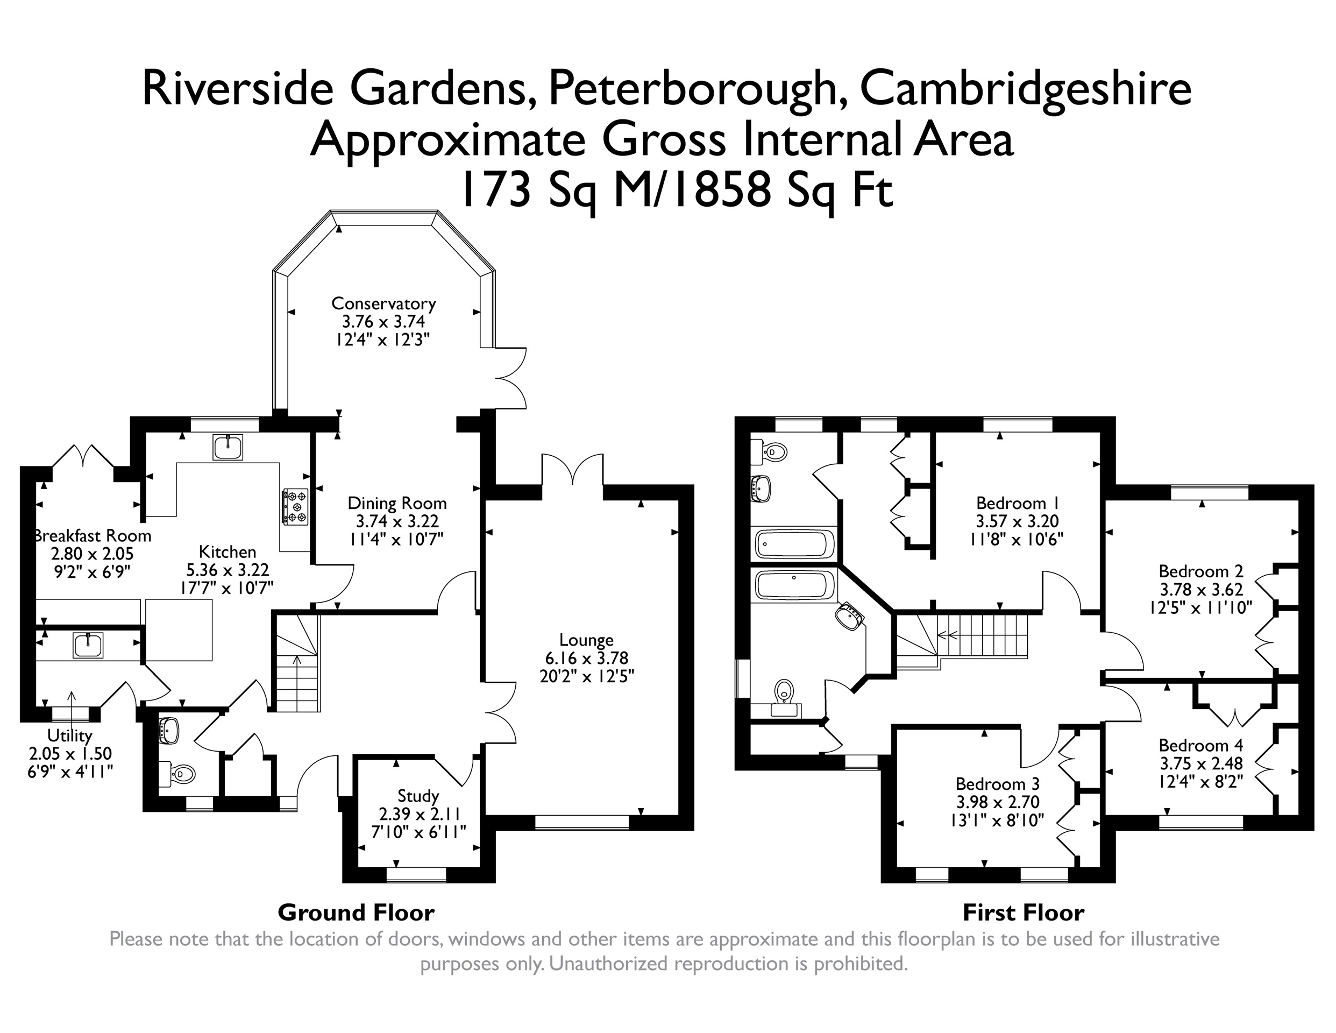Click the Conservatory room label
383,303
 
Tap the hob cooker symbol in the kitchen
295,506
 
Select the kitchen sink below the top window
228,447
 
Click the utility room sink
88,646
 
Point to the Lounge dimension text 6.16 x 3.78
587,659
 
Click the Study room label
418,796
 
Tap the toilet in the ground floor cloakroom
179,774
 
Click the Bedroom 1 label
1017,504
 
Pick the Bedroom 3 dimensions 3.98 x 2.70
998,802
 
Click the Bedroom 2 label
1201,571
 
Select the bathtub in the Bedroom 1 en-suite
794,543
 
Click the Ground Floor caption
356,913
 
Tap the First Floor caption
1024,913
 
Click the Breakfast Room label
92,536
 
